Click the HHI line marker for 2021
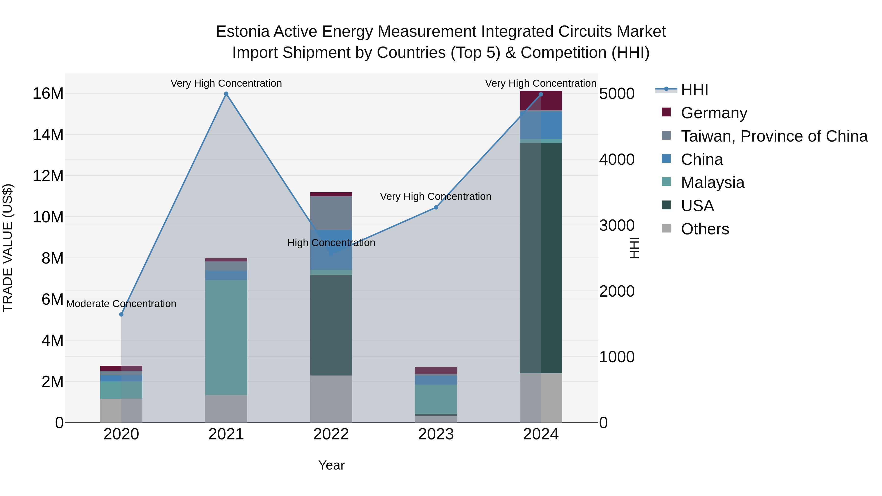point(226,94)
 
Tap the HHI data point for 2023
point(436,207)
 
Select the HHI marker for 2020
point(121,314)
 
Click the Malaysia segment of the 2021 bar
point(226,337)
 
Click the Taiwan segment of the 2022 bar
point(331,213)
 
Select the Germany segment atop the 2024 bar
point(541,101)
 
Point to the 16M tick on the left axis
point(48,94)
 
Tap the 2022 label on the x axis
point(331,434)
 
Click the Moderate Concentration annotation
point(121,304)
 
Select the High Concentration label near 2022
point(331,243)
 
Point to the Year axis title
point(331,465)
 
